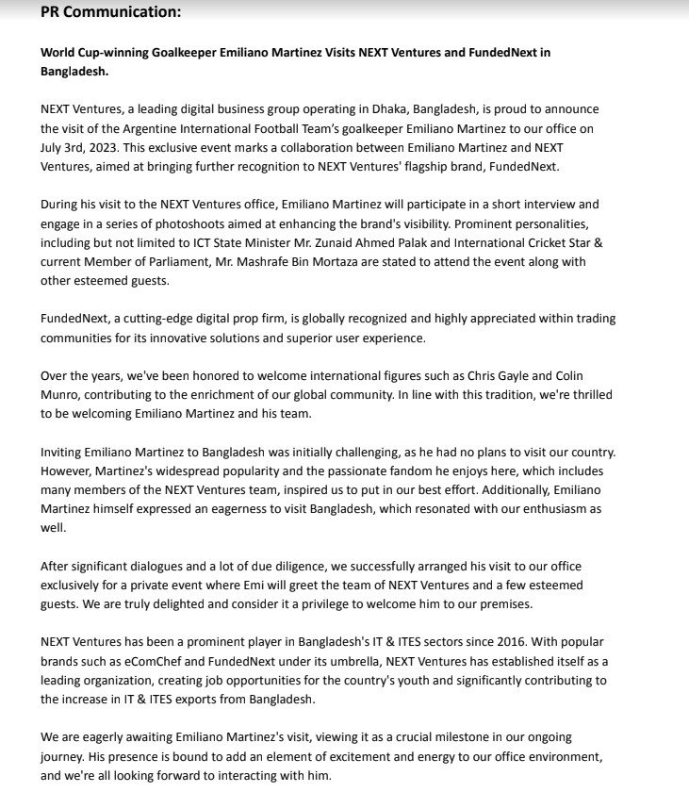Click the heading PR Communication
click(x=111, y=12)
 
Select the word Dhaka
click(x=388, y=109)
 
